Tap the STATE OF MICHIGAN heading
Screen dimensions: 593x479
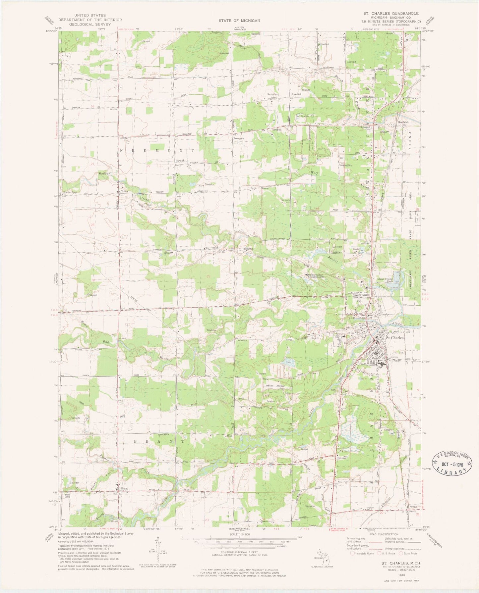point(239,21)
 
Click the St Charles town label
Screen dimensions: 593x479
point(395,338)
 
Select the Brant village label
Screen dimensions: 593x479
point(124,488)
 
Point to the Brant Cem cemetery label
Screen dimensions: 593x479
point(67,496)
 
